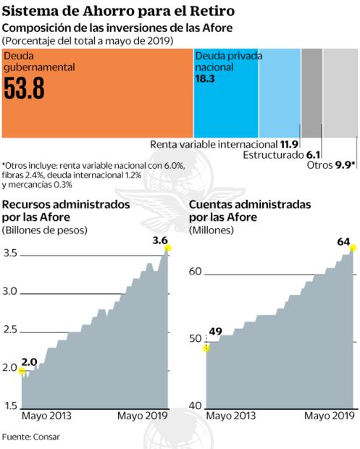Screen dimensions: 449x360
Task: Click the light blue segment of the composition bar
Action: (279, 92)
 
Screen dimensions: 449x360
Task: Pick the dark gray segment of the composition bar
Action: (311, 92)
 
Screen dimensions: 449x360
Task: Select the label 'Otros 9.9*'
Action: (331, 165)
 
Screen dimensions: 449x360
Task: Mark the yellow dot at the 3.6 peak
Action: (168, 248)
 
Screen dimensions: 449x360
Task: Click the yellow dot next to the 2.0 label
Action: (22, 372)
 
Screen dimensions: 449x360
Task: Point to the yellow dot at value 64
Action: (353, 249)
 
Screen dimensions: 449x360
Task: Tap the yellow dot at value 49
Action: (206, 348)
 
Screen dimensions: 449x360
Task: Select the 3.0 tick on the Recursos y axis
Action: (9, 291)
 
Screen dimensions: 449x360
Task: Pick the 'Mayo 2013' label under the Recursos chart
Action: (46, 416)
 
